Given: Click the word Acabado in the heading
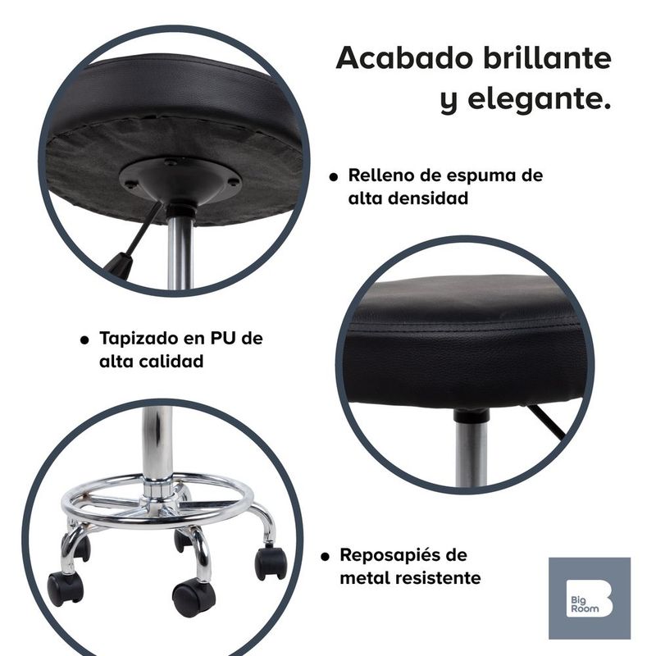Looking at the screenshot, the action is tap(405, 57).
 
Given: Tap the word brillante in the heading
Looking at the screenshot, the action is tap(547, 57).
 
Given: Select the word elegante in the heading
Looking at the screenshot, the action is tap(539, 99).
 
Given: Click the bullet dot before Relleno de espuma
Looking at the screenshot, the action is tap(334, 177).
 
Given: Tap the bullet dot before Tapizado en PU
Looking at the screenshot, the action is tap(84, 339).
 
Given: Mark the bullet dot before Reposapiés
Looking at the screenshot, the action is tap(325, 557).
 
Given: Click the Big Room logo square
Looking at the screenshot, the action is tap(590, 599).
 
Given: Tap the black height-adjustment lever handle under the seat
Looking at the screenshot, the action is tap(118, 265).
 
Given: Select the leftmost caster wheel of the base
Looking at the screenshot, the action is tap(65, 589).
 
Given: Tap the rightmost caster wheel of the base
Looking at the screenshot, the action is tap(271, 563).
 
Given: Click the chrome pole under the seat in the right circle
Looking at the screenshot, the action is tap(471, 452).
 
